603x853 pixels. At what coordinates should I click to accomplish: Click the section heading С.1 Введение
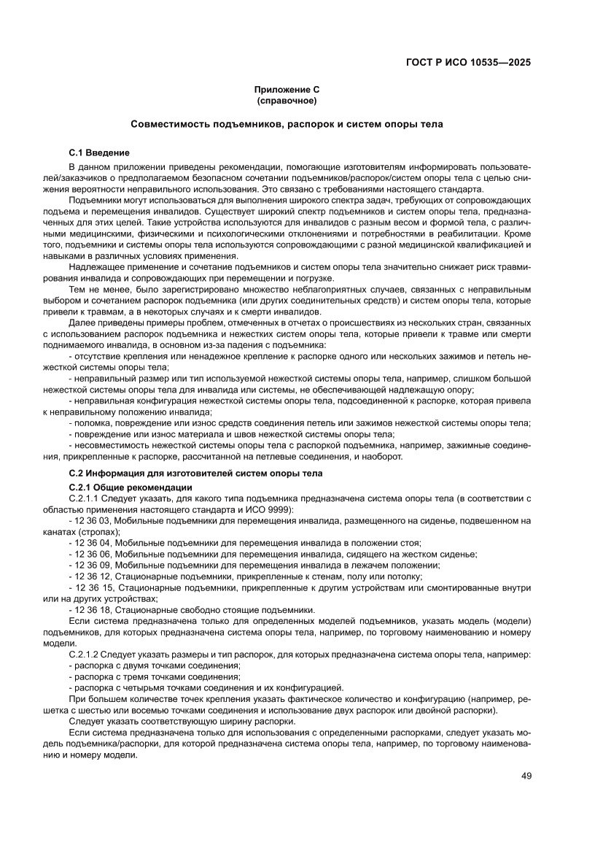click(98, 153)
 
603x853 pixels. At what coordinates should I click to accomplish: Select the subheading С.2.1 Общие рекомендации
click(130, 487)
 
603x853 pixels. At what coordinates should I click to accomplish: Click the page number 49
click(526, 775)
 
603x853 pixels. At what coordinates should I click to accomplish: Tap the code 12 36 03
click(92, 520)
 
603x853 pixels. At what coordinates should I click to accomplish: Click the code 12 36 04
click(92, 543)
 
